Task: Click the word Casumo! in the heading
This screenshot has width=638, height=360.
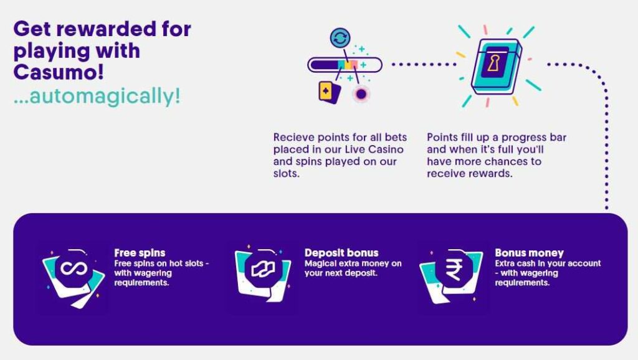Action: tap(59, 72)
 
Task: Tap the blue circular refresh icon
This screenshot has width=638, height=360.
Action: tap(340, 38)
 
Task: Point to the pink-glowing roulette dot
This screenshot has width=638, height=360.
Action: tap(361, 94)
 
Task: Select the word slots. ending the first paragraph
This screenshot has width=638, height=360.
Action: tap(287, 174)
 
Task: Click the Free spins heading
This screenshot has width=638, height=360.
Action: tap(140, 253)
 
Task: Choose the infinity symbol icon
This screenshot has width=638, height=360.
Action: tap(74, 268)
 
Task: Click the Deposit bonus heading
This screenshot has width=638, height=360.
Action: tap(341, 253)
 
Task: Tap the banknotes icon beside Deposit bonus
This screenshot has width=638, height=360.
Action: tap(263, 269)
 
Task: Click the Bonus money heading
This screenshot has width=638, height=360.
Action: tap(530, 253)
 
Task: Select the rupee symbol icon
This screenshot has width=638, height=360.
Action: tap(454, 269)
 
